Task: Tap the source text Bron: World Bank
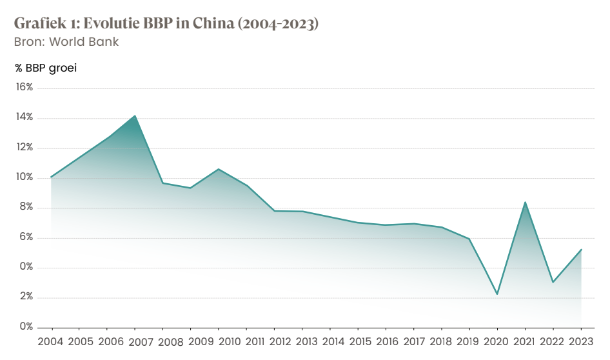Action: [66, 42]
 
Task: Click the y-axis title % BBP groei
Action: [46, 67]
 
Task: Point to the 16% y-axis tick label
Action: [24, 87]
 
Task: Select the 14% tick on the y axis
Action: [24, 117]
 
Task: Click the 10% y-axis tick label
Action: [24, 177]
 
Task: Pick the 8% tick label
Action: [26, 208]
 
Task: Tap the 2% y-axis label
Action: [26, 297]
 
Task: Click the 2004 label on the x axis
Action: [51, 341]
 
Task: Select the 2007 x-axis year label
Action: [134, 341]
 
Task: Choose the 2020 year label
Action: [497, 341]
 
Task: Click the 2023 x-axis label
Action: [581, 341]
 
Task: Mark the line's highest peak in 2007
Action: [135, 116]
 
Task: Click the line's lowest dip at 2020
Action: [497, 294]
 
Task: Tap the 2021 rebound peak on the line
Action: [526, 203]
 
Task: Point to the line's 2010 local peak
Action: [219, 169]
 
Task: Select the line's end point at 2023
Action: [581, 250]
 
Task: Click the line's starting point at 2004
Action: [51, 177]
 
